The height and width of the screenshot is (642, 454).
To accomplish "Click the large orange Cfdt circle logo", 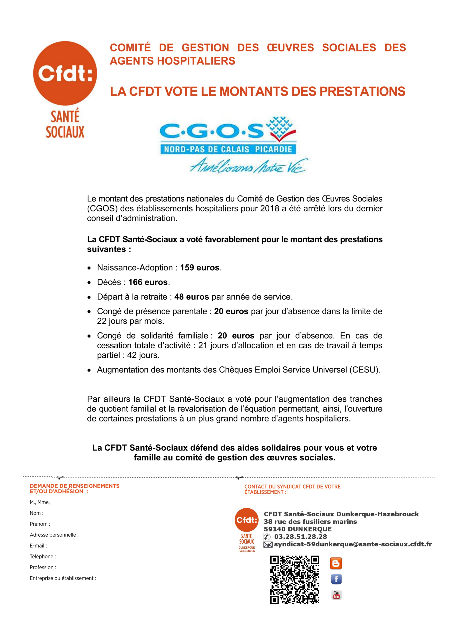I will tap(65, 73).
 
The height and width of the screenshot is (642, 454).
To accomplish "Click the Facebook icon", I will tap(336, 579).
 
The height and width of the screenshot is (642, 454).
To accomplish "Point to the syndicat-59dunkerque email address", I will tap(353, 544).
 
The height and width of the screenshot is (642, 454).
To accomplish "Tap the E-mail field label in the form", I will tap(38, 546).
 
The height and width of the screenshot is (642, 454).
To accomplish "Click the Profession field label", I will tap(43, 567).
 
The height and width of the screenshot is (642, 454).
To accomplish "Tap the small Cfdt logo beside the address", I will tap(246, 520).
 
